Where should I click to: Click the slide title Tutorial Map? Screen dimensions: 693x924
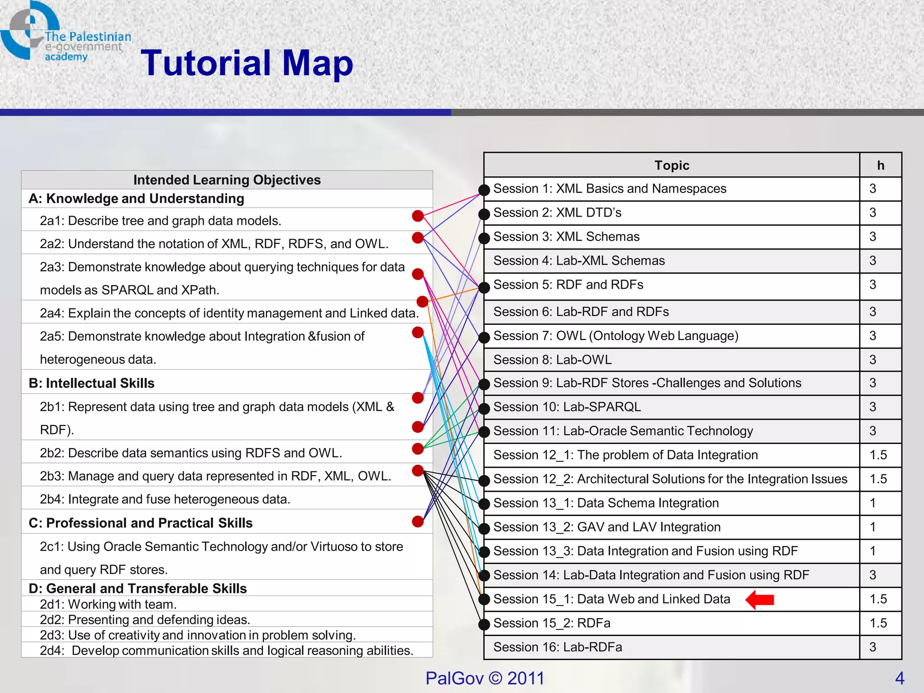click(x=247, y=63)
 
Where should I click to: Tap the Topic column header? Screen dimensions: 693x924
click(x=671, y=166)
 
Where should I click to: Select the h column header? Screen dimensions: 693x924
click(x=880, y=166)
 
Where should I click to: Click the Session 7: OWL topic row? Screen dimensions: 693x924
click(x=615, y=336)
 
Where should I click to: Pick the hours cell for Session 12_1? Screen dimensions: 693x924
click(x=878, y=455)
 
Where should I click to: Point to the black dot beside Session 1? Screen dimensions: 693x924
click(x=484, y=190)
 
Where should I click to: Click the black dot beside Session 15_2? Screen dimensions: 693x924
click(x=484, y=624)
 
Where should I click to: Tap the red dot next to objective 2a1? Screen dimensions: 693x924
click(x=418, y=216)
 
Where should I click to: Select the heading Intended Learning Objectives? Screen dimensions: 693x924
click(x=227, y=180)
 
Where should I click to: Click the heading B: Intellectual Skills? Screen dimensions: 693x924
click(x=92, y=383)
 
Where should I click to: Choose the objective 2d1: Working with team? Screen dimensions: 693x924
click(x=108, y=604)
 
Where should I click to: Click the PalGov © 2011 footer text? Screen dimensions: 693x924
click(x=485, y=678)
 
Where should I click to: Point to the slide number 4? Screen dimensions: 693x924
click(x=900, y=678)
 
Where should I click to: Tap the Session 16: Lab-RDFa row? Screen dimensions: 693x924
click(x=558, y=647)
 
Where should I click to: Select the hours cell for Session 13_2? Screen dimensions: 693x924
click(x=873, y=527)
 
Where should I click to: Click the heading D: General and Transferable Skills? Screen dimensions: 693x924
click(x=138, y=588)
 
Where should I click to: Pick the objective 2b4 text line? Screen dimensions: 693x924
click(x=165, y=499)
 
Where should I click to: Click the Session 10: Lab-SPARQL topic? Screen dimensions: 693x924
click(x=567, y=407)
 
